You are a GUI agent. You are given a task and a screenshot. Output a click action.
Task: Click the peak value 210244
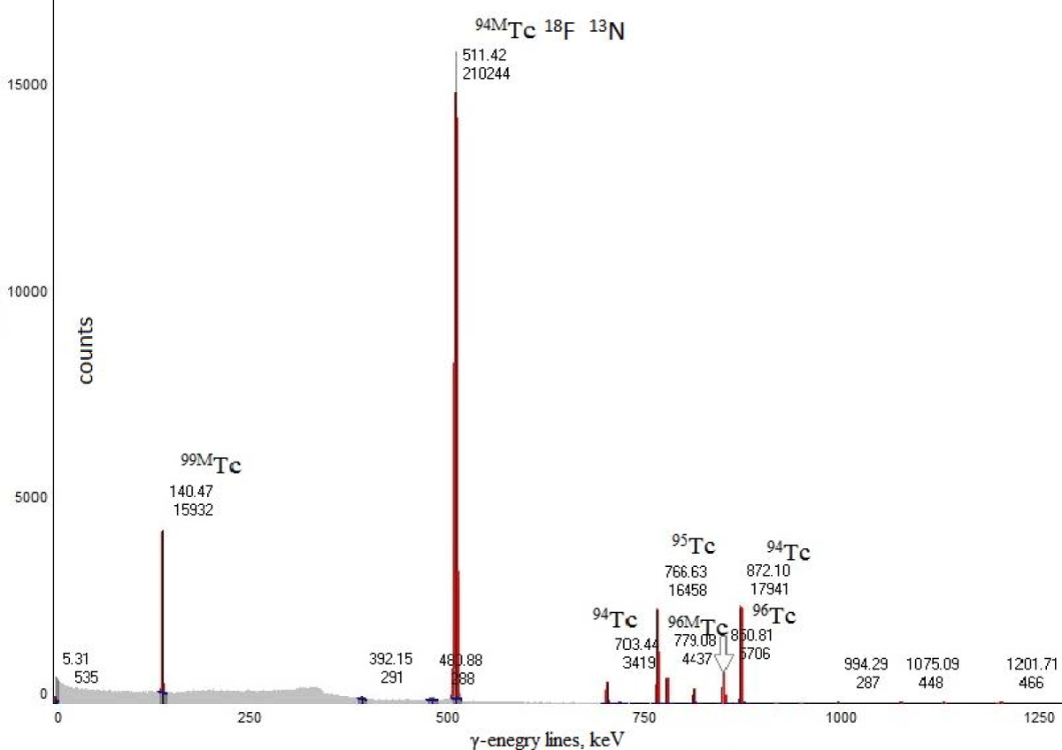486,74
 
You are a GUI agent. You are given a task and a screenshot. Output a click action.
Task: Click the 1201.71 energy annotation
1031,664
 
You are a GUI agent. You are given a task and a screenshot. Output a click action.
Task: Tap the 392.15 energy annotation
390,660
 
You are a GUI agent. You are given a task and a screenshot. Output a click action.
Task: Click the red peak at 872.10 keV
741,654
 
